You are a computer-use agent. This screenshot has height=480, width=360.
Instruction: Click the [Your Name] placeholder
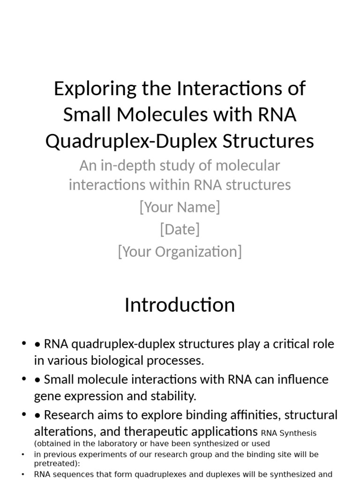pyautogui.click(x=180, y=207)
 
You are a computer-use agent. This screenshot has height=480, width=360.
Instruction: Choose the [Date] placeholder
pyautogui.click(x=180, y=229)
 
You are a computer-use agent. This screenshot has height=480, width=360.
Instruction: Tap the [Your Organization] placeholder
pyautogui.click(x=180, y=252)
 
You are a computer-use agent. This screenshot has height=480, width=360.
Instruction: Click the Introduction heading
pyautogui.click(x=180, y=305)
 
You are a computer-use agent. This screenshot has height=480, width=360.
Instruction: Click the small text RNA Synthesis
pyautogui.click(x=289, y=434)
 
